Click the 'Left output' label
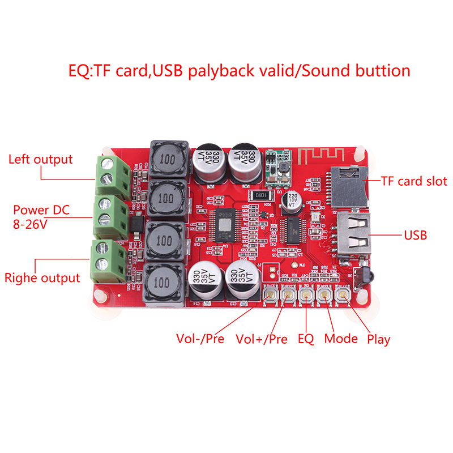coord(40,159)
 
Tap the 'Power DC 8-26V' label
coord(41,217)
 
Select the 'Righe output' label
coord(42,278)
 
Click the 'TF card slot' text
coord(414,181)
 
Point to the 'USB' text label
coord(415,235)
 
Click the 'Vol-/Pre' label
coord(200,339)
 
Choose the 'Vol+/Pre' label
coord(261,339)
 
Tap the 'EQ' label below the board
coord(306,339)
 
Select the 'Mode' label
coord(341,339)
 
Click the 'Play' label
coord(379,339)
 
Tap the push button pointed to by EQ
coord(306,294)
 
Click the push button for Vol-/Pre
coord(270,294)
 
